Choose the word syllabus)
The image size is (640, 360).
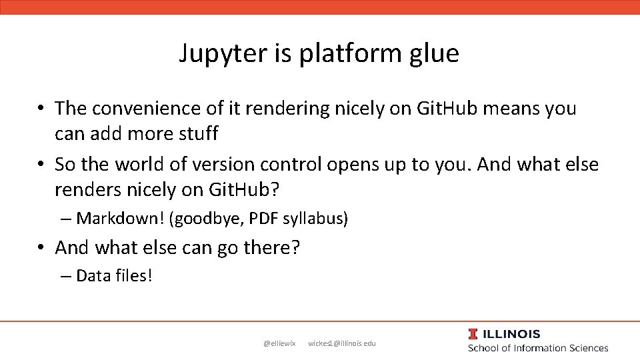tap(317, 218)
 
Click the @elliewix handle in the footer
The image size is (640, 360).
tap(279, 343)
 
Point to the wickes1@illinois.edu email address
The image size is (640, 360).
tap(342, 343)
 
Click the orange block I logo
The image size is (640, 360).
tap(473, 334)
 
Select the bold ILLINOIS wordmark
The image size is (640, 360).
tap(511, 334)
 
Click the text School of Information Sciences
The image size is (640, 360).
tap(537, 348)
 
